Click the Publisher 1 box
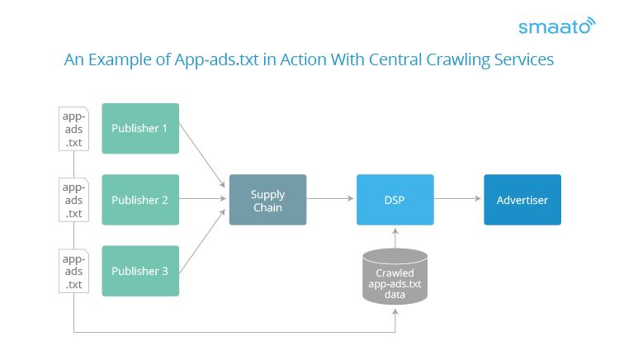(140, 128)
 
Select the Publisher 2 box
(140, 200)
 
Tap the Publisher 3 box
(140, 271)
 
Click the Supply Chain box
(267, 200)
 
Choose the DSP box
(395, 200)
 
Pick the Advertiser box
(522, 200)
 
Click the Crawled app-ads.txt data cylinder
(395, 277)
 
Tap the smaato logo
(557, 26)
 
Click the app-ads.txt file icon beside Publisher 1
(73, 129)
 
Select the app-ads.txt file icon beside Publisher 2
(73, 200)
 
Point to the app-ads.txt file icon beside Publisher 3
(73, 271)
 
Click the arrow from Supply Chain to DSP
(330, 198)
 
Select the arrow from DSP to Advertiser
(457, 198)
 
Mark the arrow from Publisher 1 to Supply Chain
(202, 155)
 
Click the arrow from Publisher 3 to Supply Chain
(202, 241)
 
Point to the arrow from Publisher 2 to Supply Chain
(202, 198)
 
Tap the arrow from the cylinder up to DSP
(395, 238)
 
